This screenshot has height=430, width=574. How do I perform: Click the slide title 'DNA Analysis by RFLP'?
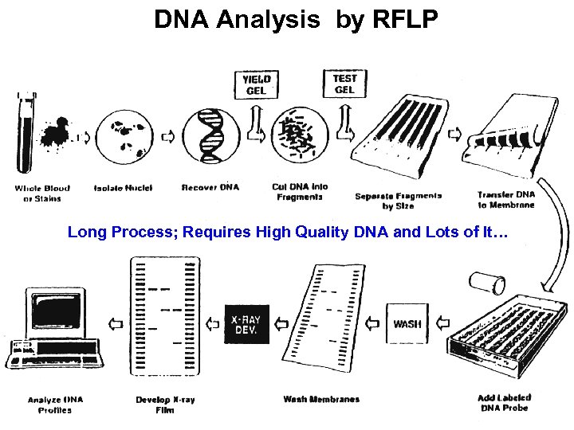click(296, 20)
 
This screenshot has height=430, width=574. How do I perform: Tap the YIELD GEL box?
click(257, 84)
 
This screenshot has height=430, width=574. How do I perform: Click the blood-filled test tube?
click(24, 131)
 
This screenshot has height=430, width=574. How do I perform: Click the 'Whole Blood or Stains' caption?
click(42, 193)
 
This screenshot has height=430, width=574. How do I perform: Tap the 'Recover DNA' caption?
click(210, 188)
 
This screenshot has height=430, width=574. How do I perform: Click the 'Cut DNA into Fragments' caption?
click(300, 192)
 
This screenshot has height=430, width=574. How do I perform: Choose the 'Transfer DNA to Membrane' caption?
click(505, 197)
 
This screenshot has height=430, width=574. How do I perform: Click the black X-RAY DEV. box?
click(246, 323)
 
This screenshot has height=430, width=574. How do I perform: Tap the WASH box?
click(407, 324)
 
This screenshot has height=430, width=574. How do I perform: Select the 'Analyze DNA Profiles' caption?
click(55, 405)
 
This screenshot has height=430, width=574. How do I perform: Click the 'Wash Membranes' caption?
click(321, 399)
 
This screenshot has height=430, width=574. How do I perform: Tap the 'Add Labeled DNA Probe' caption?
click(505, 402)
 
